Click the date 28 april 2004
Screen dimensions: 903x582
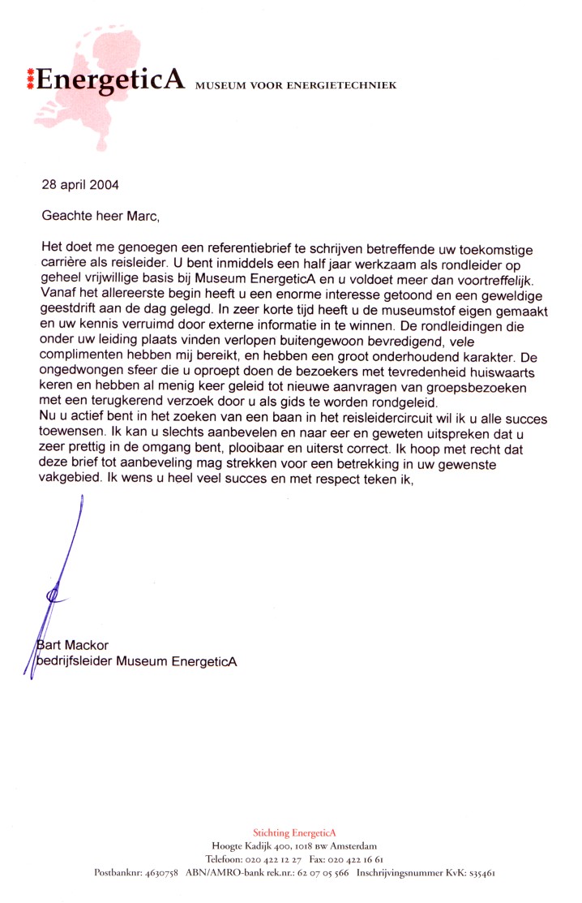click(x=80, y=184)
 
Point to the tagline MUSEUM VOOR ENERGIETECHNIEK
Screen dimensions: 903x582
click(x=296, y=85)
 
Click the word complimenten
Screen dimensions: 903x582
click(x=78, y=355)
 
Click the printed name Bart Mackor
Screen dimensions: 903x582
click(x=75, y=645)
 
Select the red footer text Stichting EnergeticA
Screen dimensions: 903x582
click(x=294, y=833)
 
